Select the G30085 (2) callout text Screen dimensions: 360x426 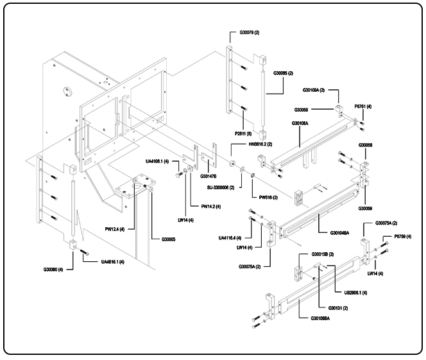coord(283,73)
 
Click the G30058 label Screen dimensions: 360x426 coord(366,146)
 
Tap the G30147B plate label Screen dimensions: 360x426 coord(209,176)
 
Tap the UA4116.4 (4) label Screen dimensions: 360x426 coord(230,237)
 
